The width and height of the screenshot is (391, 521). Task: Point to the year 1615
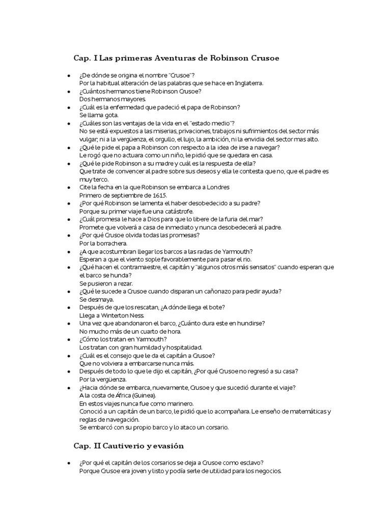point(158,195)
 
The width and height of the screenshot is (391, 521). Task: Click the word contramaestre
point(129,267)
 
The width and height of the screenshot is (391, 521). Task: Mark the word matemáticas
point(302,411)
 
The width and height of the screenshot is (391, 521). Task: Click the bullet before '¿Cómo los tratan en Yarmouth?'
point(69,339)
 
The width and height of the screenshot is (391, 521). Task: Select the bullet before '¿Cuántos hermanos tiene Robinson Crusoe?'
point(69,91)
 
